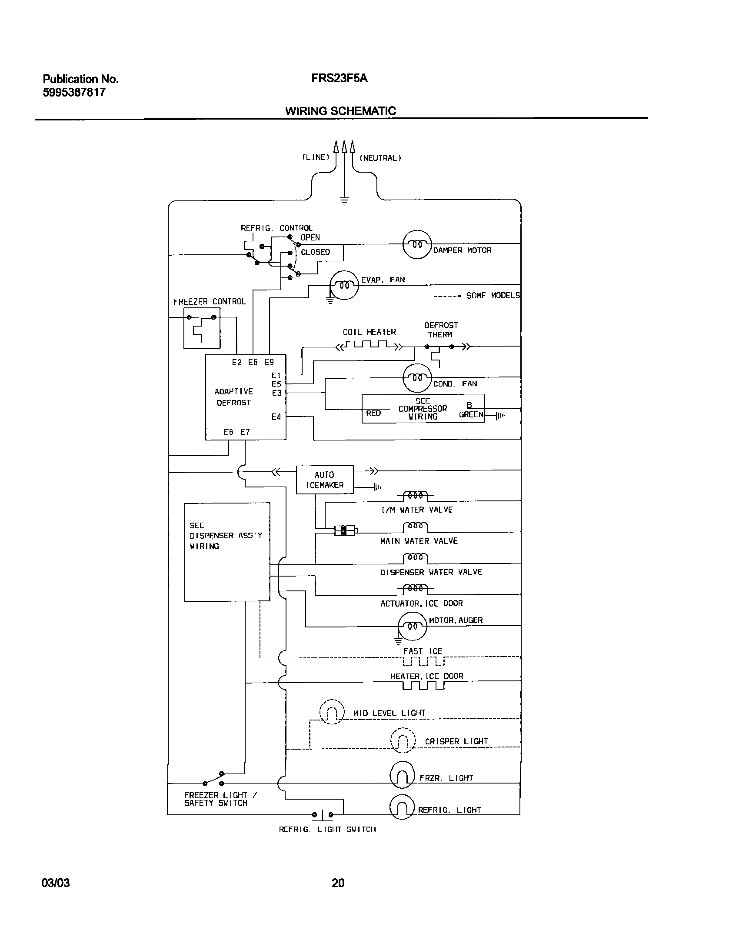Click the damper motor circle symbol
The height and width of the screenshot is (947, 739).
(417, 244)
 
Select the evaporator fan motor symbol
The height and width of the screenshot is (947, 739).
(344, 285)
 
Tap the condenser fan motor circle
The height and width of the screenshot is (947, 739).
(417, 378)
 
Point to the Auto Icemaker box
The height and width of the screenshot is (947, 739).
(325, 480)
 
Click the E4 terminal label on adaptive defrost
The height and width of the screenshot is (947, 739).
(276, 417)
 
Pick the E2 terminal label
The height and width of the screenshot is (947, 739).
(236, 362)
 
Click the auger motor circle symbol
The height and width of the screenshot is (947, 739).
(412, 626)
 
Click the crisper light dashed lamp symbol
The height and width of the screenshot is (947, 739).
(403, 740)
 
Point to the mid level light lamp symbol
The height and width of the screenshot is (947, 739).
(332, 712)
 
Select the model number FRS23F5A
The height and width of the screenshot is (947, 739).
(339, 78)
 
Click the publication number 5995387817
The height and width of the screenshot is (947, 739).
(74, 92)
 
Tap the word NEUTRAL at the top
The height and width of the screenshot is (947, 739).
(380, 158)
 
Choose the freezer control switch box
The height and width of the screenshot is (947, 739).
(202, 328)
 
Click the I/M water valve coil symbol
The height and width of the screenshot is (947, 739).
(416, 495)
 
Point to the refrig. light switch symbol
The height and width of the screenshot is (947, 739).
(322, 814)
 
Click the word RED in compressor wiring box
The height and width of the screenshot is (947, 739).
(373, 413)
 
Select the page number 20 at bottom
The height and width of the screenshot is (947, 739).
(338, 883)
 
